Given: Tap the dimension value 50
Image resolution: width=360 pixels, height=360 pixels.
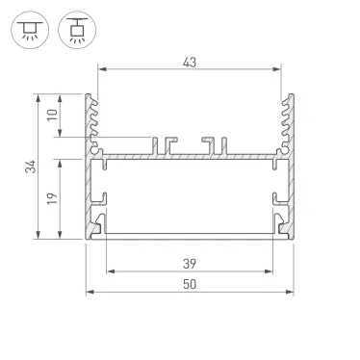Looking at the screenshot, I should click(189, 284).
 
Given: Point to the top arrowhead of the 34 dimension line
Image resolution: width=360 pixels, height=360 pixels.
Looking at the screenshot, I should click(39, 96).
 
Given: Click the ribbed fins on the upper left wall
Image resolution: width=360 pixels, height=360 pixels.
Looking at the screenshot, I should click(94, 120).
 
